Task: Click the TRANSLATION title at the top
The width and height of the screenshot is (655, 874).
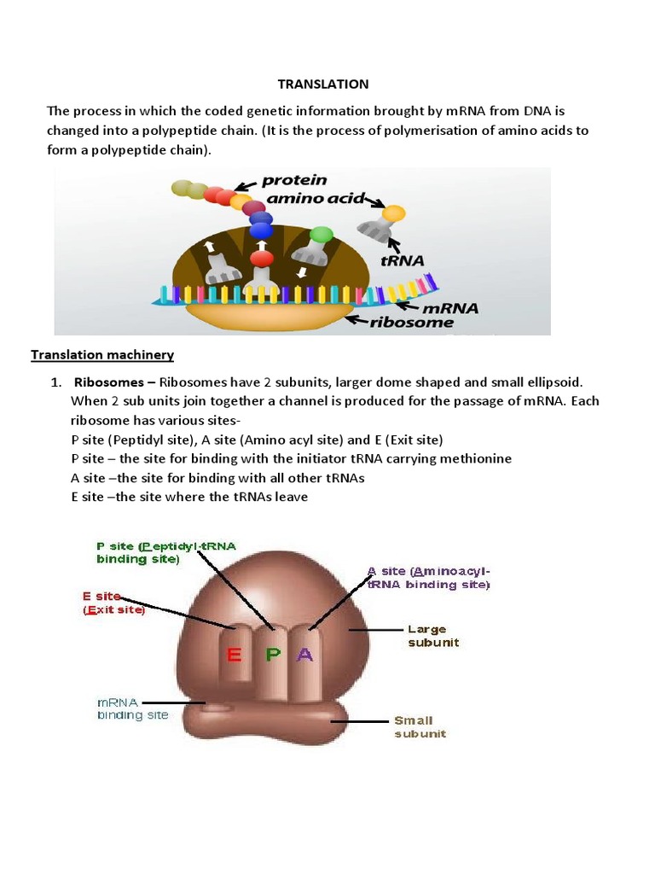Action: [323, 84]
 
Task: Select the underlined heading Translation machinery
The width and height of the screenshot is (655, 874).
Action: [102, 354]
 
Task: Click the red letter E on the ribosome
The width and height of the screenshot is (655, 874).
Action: [232, 655]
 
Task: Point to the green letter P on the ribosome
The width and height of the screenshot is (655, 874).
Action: [272, 655]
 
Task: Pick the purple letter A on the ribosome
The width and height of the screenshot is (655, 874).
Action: [305, 655]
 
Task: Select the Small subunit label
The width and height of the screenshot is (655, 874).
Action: [420, 726]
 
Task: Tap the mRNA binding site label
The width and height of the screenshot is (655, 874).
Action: [131, 708]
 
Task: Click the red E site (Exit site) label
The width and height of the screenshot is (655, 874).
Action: [113, 603]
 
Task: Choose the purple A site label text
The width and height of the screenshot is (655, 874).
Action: [428, 578]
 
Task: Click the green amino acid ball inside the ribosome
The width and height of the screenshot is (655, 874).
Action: [322, 233]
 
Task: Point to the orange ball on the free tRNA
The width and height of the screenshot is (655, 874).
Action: [393, 213]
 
